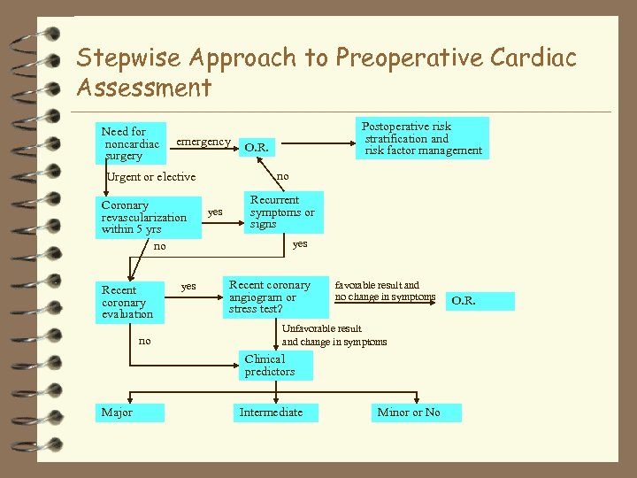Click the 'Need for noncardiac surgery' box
(x=131, y=143)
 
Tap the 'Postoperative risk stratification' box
(x=422, y=138)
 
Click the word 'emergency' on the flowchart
(x=203, y=142)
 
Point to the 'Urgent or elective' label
(x=150, y=177)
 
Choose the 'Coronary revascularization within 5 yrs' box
(x=148, y=218)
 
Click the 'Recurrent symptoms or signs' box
(x=283, y=212)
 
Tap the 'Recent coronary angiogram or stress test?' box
(x=273, y=297)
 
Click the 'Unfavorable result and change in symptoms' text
(x=334, y=335)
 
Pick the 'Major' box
(x=129, y=412)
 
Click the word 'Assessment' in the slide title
(x=144, y=88)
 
